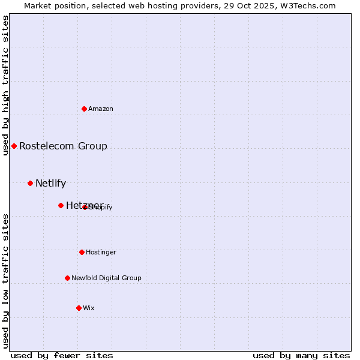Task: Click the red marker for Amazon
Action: coord(84,109)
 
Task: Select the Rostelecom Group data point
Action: coord(14,146)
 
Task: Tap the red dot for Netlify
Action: coord(30,183)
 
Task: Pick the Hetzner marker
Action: coord(61,205)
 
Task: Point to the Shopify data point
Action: coord(85,207)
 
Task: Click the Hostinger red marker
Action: coord(82,252)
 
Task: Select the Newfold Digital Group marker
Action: coord(67,278)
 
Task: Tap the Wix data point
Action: coord(79,308)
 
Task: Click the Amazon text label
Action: coord(101,109)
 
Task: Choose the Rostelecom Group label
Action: coord(63,146)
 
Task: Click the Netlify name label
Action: coord(50,183)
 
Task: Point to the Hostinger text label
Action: coord(101,252)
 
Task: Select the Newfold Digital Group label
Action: coord(106,278)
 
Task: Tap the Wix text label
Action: coord(89,308)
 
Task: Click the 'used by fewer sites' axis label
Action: coord(62,355)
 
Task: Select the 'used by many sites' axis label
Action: coord(301,355)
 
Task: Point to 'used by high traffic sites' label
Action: coord(5,85)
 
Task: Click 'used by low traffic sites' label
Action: coord(5,281)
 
